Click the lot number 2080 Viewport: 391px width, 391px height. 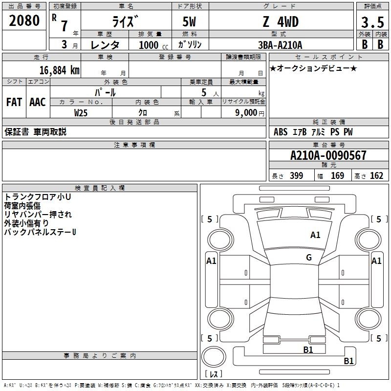(x=25, y=21)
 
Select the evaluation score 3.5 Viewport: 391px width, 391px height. (x=371, y=22)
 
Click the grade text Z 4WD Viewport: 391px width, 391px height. (x=280, y=22)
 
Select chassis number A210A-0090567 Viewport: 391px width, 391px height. (x=328, y=156)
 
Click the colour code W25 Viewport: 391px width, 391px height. (x=81, y=113)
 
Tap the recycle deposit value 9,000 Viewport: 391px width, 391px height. (x=243, y=113)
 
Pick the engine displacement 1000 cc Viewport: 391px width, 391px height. (x=149, y=45)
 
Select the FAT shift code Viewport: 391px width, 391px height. (x=14, y=102)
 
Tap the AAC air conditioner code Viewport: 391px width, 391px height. (x=38, y=102)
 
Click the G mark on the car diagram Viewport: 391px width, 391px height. (x=309, y=258)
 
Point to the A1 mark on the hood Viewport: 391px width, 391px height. (x=315, y=235)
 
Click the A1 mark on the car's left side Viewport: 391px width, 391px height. (x=211, y=261)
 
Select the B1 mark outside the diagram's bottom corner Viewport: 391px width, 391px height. (x=348, y=361)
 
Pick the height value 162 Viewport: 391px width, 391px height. (x=376, y=176)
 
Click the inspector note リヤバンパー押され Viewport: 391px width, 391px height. (x=38, y=214)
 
